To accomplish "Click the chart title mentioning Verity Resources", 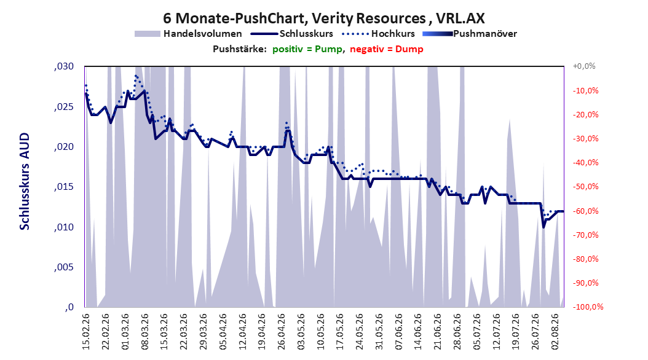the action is (x=323, y=18).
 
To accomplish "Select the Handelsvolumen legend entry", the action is (x=189, y=34).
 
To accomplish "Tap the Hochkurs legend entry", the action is (x=379, y=34).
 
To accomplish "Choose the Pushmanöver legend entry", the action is (x=470, y=34).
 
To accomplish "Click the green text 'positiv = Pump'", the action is (x=307, y=49).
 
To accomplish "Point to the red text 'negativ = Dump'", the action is (x=387, y=49).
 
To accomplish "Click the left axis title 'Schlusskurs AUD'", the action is (x=25, y=181).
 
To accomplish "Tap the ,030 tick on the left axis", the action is (x=64, y=66).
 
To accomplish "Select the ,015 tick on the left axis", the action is (x=64, y=187).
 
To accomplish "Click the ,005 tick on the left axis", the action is (x=64, y=267).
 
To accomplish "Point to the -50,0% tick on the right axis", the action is (x=585, y=187).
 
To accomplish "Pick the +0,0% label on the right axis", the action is (x=584, y=66).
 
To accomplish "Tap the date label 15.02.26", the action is (x=86, y=332).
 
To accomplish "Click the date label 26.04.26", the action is (x=282, y=332).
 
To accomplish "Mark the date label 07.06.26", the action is (x=399, y=332).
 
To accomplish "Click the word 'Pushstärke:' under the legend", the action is (x=240, y=49).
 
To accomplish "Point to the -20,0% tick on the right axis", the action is (x=585, y=114).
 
